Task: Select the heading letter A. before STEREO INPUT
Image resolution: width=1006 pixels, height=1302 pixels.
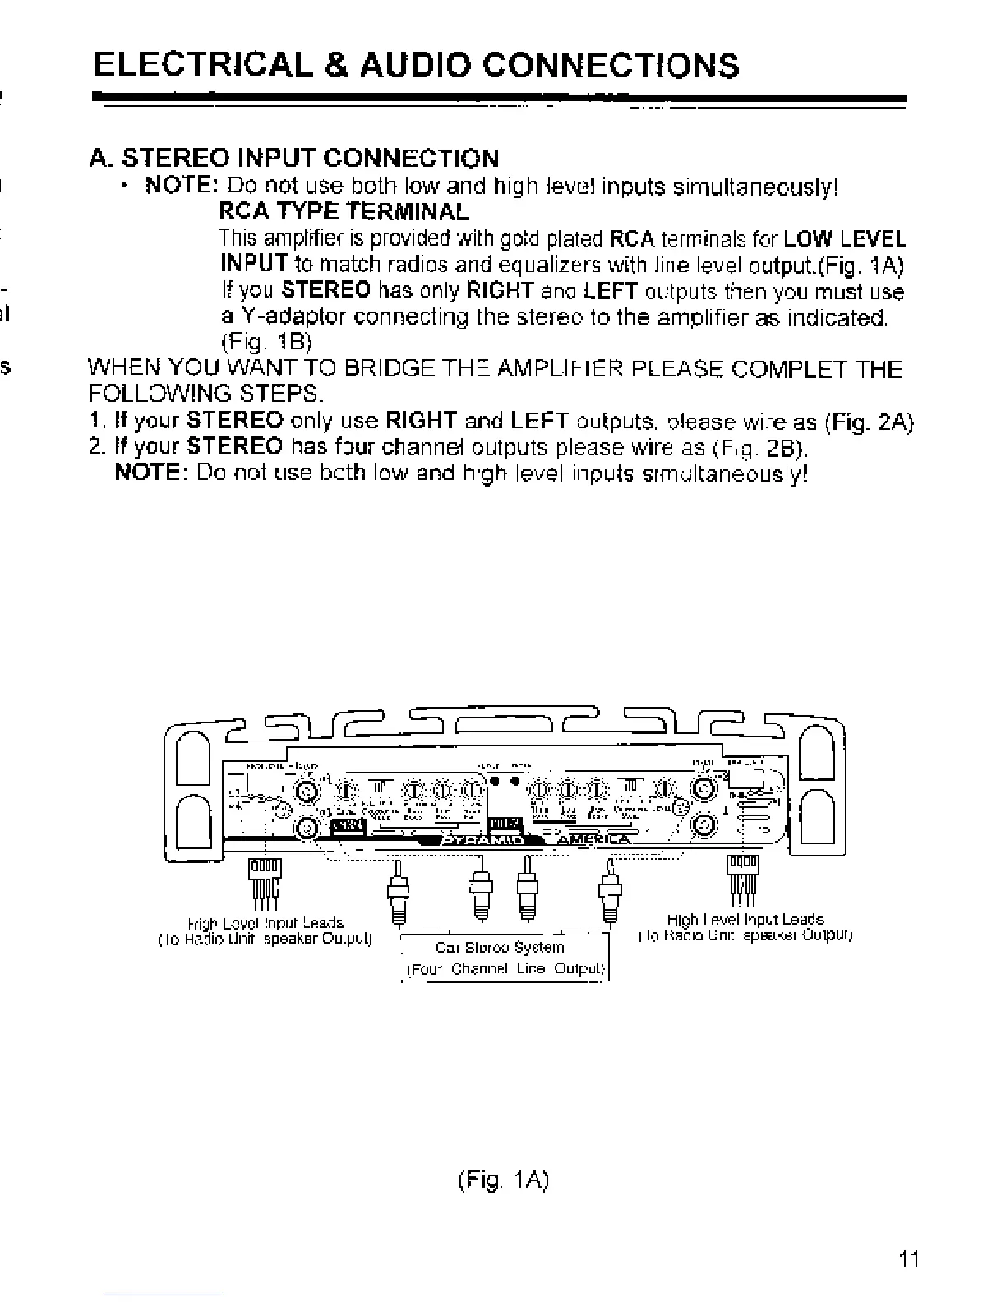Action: tap(101, 158)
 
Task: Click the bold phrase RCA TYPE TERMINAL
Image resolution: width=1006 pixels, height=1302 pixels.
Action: tap(344, 212)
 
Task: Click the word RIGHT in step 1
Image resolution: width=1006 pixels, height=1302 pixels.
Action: tap(422, 422)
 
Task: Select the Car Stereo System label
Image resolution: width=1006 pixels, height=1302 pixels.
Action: tap(500, 947)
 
